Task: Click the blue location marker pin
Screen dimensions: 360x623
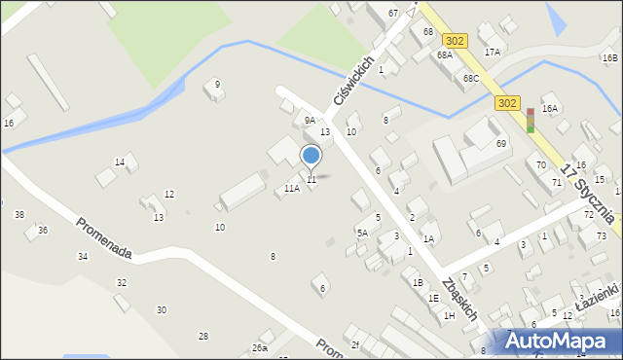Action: click(311, 156)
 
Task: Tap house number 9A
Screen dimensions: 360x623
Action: click(310, 121)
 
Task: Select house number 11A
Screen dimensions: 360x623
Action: click(292, 189)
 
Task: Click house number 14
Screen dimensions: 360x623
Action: click(120, 162)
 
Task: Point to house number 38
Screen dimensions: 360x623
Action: click(19, 214)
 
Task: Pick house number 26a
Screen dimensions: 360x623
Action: click(259, 347)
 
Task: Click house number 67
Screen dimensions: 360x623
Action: click(392, 13)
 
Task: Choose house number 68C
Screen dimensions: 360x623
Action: click(471, 78)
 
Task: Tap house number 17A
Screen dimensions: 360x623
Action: click(493, 52)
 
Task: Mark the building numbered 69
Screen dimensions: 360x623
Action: click(501, 144)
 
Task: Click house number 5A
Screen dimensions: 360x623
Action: click(362, 233)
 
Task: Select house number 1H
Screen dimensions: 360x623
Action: click(449, 315)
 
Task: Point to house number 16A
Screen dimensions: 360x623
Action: click(550, 109)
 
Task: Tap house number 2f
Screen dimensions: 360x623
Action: click(355, 344)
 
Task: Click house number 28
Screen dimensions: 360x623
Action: click(203, 336)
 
